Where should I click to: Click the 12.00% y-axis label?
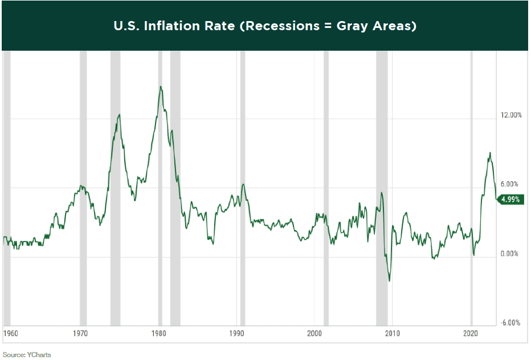511,115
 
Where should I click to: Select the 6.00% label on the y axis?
509,184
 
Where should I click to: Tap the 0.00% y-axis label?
509,253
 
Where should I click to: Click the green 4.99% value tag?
511,199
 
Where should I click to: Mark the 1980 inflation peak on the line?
161,87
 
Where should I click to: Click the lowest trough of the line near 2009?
389,281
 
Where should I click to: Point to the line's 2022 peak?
489,153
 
